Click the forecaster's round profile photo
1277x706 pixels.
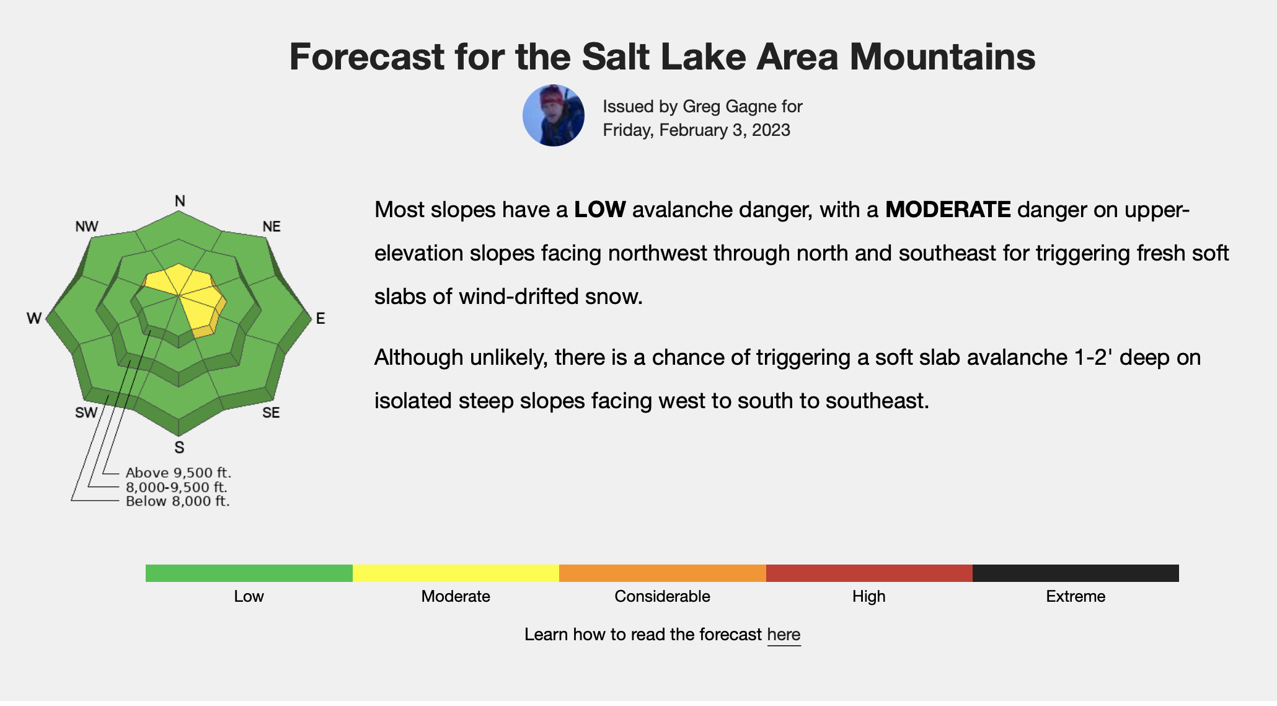554,115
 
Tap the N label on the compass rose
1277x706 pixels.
180,201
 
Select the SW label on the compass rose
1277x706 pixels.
86,413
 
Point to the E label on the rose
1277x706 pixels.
320,318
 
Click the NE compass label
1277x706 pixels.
272,226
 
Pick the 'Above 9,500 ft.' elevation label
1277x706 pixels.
179,473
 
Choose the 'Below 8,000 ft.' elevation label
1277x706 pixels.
178,501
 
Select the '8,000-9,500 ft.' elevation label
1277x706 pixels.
177,487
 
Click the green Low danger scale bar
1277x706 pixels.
249,573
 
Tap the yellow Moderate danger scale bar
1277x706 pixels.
456,573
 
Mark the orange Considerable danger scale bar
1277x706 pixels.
663,573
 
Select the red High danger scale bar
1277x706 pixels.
869,573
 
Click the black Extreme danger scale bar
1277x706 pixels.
1076,573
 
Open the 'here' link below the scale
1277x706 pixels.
784,635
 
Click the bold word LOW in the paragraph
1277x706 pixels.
600,210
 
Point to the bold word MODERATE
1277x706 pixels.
948,210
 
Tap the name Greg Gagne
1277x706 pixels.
721,107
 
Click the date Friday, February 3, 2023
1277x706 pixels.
697,130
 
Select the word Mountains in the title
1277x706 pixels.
942,56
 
